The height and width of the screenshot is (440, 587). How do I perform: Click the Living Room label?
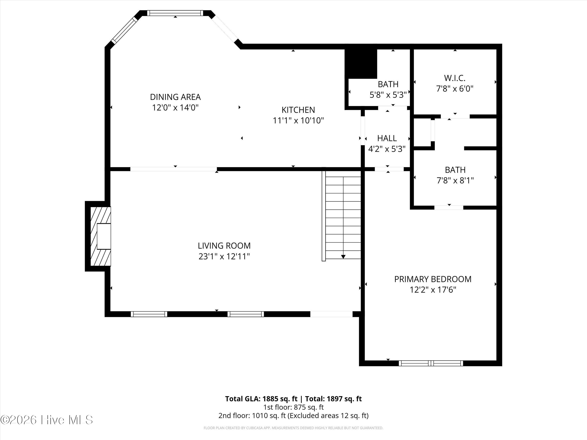(224, 246)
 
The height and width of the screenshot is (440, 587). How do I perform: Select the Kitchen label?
(298, 110)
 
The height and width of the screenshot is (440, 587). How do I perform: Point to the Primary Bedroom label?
(433, 279)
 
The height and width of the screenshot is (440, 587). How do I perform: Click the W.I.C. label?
(455, 78)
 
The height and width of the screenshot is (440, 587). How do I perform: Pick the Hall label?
(387, 138)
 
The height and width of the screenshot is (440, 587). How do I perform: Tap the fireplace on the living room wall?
(101, 236)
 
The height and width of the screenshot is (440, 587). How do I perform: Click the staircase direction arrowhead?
(343, 257)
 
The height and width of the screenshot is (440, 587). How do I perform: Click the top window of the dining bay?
(175, 13)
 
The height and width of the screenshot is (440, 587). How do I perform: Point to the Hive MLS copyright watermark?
(47, 420)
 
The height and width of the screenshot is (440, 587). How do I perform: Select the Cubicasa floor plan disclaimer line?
(293, 428)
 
